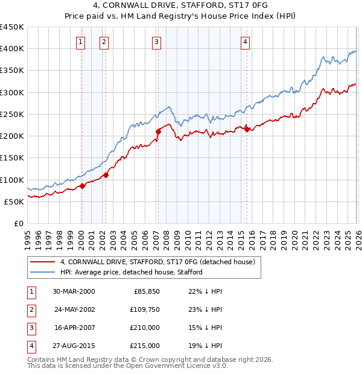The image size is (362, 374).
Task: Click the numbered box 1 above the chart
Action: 81,42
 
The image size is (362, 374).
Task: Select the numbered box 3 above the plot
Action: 156,42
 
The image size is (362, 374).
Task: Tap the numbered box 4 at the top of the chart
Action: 246,42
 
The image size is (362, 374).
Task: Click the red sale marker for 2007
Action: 158,131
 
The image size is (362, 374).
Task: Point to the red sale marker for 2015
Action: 247,128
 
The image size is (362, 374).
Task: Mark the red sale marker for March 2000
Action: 83,186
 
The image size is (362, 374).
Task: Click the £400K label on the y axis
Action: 11,49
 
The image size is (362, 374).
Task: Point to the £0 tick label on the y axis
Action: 19,223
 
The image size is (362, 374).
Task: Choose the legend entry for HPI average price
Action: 131,272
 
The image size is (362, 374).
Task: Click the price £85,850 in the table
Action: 145,291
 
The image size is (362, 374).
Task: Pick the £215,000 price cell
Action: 144,346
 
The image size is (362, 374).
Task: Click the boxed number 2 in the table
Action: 30,309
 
